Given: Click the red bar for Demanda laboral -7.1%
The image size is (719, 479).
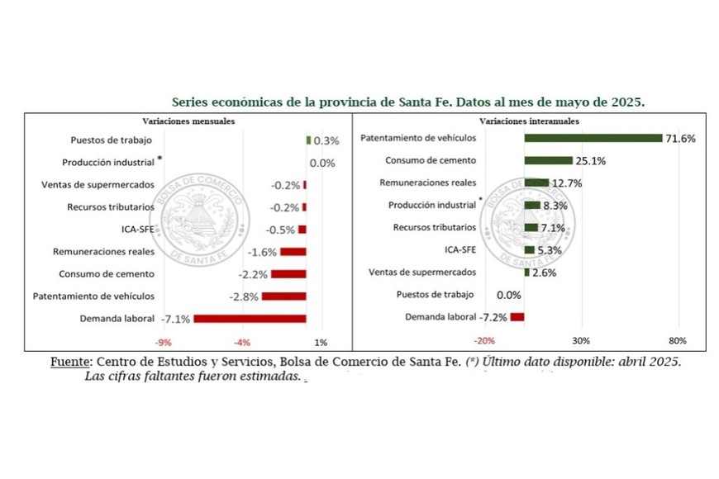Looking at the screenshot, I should tap(250, 318).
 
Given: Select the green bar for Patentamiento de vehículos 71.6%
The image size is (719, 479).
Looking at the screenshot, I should tap(593, 138).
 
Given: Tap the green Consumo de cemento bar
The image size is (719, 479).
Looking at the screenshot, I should tap(548, 160).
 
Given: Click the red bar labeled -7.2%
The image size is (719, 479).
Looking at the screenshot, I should tap(517, 316).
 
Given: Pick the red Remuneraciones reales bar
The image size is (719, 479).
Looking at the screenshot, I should tap(293, 251).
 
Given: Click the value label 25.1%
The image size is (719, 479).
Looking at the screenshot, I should tap(591, 160).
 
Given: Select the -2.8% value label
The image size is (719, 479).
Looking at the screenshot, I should tap(245, 296).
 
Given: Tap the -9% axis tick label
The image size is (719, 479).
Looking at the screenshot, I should tap(164, 342).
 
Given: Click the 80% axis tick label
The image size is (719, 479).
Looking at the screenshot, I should tap(678, 341).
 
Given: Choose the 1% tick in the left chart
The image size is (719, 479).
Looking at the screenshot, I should tap(321, 342).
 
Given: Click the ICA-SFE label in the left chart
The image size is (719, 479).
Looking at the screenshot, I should tap(136, 230).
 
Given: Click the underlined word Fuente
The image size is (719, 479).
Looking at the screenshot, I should tap(72, 362).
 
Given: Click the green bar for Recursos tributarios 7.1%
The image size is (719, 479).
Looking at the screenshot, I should tap(531, 227).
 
